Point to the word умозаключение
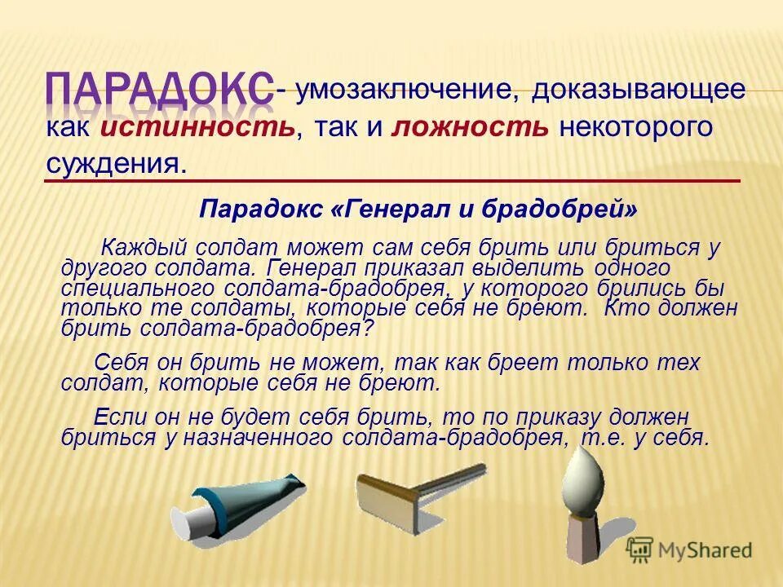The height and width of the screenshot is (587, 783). (405, 90)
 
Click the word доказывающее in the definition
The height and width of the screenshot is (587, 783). (638, 90)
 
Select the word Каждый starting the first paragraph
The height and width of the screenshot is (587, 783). (144, 246)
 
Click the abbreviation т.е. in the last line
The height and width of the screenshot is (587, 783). (601, 438)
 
